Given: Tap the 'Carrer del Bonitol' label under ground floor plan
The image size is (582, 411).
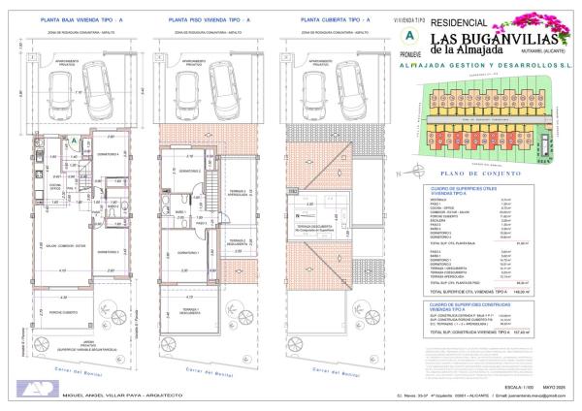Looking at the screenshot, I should tap(80, 373).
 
